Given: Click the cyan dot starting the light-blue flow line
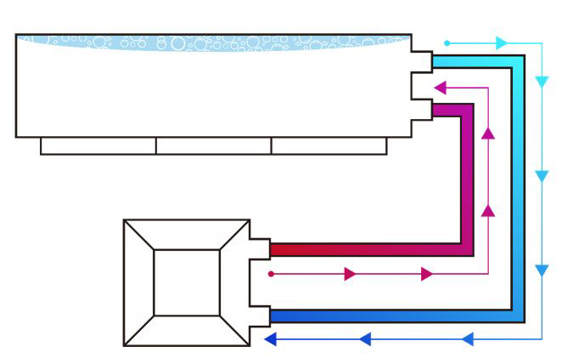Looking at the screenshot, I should pyautogui.click(x=447, y=43).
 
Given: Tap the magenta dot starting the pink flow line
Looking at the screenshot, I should pyautogui.click(x=271, y=274).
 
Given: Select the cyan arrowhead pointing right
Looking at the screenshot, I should pyautogui.click(x=502, y=43).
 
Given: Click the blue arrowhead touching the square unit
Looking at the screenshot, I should pyautogui.click(x=271, y=339).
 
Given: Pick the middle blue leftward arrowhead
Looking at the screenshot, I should pyautogui.click(x=365, y=339).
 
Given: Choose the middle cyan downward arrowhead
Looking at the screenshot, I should pyautogui.click(x=542, y=176).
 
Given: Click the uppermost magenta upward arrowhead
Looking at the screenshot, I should pyautogui.click(x=488, y=133).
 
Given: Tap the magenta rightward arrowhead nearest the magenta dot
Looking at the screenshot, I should pyautogui.click(x=350, y=274).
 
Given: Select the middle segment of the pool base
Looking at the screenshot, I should pyautogui.click(x=214, y=145).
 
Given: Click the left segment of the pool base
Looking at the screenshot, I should pyautogui.click(x=98, y=145).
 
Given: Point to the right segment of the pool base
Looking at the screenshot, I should pyautogui.click(x=329, y=145).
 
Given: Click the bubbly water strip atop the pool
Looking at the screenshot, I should pyautogui.click(x=212, y=42).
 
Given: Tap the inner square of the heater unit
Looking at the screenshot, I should pyautogui.click(x=187, y=283).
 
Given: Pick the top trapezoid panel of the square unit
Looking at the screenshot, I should pyautogui.click(x=187, y=234).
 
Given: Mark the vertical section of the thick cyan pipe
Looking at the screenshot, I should pyautogui.click(x=517, y=187).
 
